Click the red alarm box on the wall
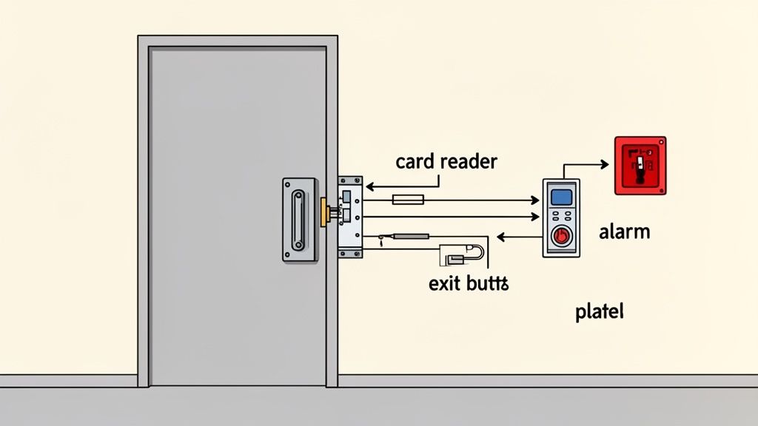tap(640, 166)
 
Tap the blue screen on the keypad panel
tap(562, 197)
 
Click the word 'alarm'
tap(624, 231)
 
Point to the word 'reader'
tap(469, 161)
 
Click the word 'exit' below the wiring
tap(443, 283)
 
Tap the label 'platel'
tap(599, 311)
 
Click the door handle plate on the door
tap(298, 219)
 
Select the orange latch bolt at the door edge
tap(323, 212)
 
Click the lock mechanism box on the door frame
tap(350, 216)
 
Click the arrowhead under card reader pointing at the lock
tap(369, 187)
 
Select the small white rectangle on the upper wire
tap(407, 199)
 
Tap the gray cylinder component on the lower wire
tap(410, 237)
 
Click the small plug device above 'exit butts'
tap(455, 259)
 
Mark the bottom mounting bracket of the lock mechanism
tap(350, 253)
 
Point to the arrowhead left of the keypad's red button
tap(500, 237)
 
